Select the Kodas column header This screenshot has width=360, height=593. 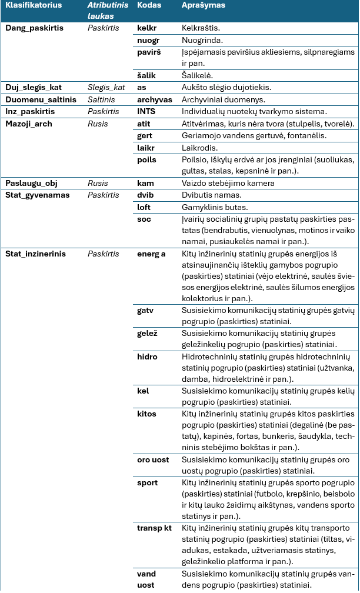tap(149, 5)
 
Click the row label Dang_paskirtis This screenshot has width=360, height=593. tap(34, 27)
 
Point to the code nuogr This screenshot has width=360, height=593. tap(148, 39)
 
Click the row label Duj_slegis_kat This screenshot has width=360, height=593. tap(34, 87)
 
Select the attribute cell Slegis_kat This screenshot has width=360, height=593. tap(106, 87)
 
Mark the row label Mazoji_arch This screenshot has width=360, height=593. tap(31, 123)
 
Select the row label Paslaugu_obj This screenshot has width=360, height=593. tap(31, 182)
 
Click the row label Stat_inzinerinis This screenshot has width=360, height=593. tap(35, 254)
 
